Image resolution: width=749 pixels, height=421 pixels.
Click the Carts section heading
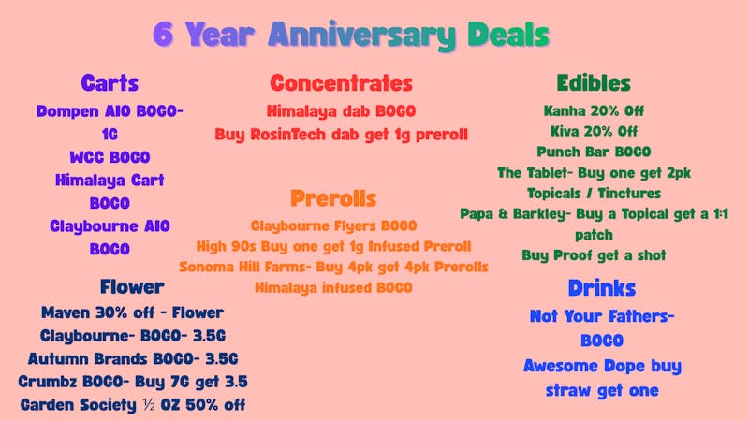tap(110, 82)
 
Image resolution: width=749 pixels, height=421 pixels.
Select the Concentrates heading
tap(341, 82)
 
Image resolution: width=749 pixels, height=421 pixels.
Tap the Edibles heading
tap(593, 82)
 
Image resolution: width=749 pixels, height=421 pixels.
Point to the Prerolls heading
tap(333, 198)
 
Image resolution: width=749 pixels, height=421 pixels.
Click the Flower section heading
tap(132, 286)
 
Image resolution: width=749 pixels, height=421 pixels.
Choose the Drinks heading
tap(601, 288)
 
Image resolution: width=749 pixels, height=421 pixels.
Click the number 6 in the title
tap(165, 35)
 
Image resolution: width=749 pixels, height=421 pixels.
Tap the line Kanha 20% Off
tap(594, 110)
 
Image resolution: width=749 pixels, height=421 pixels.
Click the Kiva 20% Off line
tap(594, 131)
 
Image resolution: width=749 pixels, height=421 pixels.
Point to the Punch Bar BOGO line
tap(594, 152)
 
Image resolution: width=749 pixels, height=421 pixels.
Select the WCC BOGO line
tap(110, 157)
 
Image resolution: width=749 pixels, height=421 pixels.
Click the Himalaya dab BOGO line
tap(341, 110)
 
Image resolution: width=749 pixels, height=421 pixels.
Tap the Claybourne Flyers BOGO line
tap(333, 226)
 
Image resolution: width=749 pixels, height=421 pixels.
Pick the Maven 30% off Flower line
tap(132, 312)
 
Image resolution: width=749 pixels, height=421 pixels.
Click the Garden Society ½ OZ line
tap(132, 405)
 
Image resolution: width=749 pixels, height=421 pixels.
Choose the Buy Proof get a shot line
tap(594, 254)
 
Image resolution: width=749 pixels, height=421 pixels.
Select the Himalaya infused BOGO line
tap(333, 288)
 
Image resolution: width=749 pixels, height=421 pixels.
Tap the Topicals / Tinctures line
tap(594, 193)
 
